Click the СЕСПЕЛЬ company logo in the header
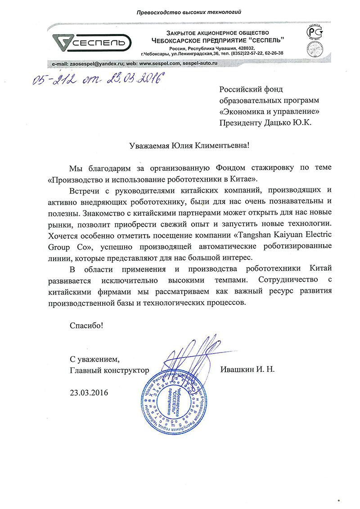[x=90, y=43]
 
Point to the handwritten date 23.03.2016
[x=135, y=80]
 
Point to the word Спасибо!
[x=86, y=325]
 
